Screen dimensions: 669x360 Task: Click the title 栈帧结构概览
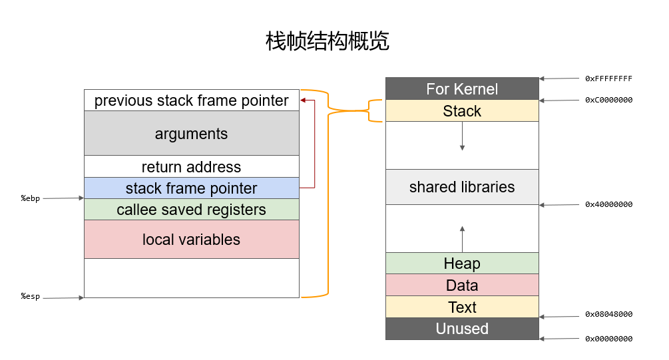click(x=328, y=41)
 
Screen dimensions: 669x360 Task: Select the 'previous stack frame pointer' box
click(x=192, y=100)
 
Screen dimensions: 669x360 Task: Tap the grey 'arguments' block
click(x=192, y=133)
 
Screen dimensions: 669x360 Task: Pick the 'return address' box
click(x=192, y=166)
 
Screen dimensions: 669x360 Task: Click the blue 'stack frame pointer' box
click(x=192, y=188)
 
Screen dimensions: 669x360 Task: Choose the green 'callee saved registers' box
click(x=192, y=210)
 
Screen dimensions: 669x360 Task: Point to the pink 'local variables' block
click(x=192, y=240)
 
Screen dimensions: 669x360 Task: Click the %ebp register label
click(x=31, y=198)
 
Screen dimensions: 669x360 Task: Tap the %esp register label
click(x=31, y=296)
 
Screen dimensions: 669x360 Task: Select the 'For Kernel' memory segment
click(x=462, y=89)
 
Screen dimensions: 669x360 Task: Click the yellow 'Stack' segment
click(x=462, y=111)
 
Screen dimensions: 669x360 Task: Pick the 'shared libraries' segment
click(x=462, y=187)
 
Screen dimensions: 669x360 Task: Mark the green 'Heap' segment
click(x=462, y=263)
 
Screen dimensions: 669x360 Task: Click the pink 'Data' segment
click(x=462, y=285)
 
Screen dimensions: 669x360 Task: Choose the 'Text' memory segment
click(x=462, y=307)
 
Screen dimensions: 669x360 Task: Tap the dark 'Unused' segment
click(x=462, y=329)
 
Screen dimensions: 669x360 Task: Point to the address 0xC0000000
click(x=609, y=100)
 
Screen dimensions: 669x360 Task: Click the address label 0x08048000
click(x=609, y=314)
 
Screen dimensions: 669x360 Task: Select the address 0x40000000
click(x=609, y=204)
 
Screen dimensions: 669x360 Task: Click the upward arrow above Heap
click(x=462, y=240)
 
